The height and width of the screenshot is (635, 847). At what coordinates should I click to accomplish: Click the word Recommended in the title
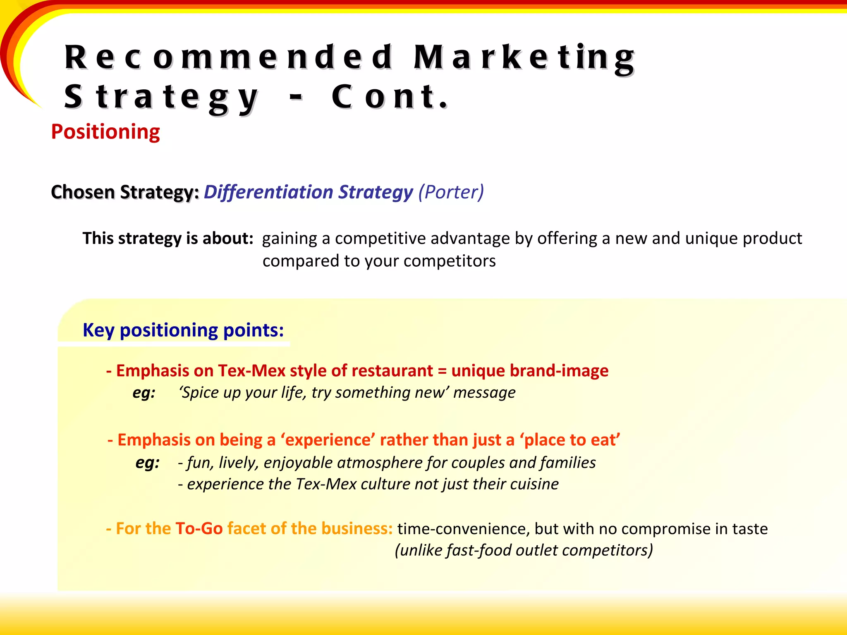[229, 57]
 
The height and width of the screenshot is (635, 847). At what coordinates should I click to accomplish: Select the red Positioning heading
[105, 132]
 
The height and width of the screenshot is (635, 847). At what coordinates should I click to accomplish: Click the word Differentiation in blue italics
[268, 192]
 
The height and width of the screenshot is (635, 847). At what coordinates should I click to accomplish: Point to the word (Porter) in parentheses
[451, 192]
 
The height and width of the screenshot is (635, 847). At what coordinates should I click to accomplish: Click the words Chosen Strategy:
[125, 192]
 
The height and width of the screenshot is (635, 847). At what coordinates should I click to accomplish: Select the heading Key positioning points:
[183, 330]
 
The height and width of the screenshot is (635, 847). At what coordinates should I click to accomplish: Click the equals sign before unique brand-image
[442, 371]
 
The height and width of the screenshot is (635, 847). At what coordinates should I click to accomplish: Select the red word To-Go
[199, 529]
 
